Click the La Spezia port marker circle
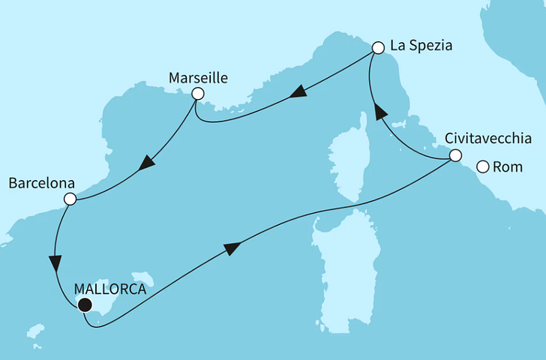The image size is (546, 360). tap(378, 46)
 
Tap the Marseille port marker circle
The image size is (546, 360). tap(198, 94)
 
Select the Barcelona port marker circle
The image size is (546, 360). tap(70, 199)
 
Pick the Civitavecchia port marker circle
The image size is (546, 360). tap(454, 156)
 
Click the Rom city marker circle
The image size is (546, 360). tap(483, 167)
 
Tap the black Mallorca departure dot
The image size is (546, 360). tap(85, 304)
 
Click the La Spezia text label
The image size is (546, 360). tap(421, 46)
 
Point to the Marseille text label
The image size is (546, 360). tap(199, 77)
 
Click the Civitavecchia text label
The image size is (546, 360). tap(488, 139)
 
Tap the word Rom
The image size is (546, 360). tap(509, 167)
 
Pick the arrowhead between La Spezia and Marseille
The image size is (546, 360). tap(298, 92)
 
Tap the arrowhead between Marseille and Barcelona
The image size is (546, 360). tap(148, 162)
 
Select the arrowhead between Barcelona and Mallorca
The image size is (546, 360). tap(55, 264)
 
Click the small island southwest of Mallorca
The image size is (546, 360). tap(34, 331)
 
